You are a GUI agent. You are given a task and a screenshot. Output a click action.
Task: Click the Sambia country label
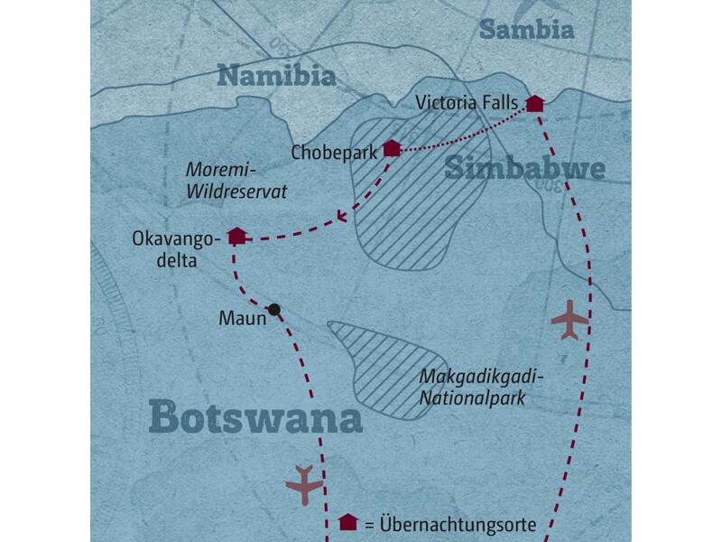(x=527, y=30)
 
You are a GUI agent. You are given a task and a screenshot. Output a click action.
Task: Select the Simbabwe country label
(x=523, y=169)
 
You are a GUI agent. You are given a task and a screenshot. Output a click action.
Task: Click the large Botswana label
(x=255, y=417)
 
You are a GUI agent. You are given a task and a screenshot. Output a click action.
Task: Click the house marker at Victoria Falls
(x=534, y=103)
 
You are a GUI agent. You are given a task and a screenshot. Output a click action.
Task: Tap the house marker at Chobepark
(x=391, y=148)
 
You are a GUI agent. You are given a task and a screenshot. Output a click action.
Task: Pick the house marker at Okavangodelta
(x=236, y=236)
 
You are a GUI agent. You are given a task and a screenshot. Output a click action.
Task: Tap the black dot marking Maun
(x=275, y=309)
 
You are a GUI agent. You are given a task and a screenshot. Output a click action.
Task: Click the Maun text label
(x=241, y=318)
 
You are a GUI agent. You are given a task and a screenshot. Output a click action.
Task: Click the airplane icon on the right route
(x=569, y=321)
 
